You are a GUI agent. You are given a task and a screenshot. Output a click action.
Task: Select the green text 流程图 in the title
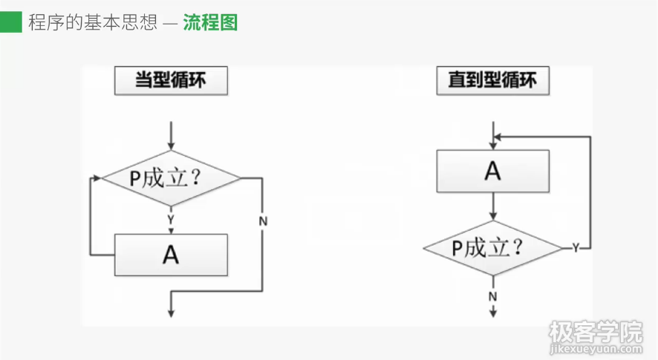click(210, 22)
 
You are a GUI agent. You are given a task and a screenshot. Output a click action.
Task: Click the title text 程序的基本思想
click(93, 22)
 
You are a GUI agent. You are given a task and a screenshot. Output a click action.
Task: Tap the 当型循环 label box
click(171, 81)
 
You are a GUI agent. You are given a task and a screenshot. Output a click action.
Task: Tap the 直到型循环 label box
click(492, 81)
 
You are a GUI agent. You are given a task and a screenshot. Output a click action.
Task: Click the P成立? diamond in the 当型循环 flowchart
click(171, 179)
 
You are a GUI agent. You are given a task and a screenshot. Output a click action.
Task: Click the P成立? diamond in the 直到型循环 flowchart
click(492, 247)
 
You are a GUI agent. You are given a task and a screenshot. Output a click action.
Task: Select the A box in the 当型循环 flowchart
click(171, 255)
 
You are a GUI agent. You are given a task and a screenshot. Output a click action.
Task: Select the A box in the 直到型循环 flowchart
click(492, 171)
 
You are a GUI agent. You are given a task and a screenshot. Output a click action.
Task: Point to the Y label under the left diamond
click(171, 220)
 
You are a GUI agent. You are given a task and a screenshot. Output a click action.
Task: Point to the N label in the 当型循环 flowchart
click(263, 221)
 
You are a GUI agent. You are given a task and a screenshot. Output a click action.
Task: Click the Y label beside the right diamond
click(575, 248)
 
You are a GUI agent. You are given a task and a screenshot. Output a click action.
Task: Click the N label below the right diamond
click(492, 296)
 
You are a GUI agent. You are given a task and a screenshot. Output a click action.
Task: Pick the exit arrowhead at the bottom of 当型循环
click(172, 312)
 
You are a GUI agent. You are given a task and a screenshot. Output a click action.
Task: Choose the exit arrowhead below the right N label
click(492, 312)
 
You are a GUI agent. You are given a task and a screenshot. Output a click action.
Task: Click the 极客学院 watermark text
click(595, 330)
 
